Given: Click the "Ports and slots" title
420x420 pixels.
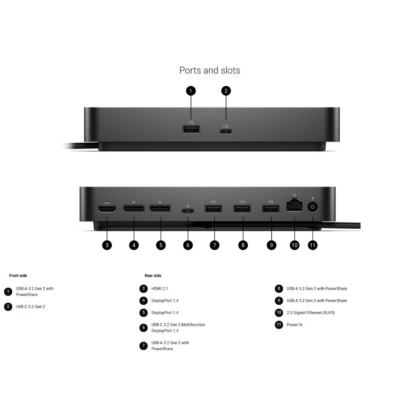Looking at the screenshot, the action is (x=210, y=71).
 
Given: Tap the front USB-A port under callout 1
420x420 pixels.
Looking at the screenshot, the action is (x=191, y=130).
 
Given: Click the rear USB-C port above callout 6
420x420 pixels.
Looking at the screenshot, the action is (x=188, y=212).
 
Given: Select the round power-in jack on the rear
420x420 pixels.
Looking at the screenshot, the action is (x=313, y=208).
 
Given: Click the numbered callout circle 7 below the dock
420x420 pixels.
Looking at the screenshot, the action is (x=214, y=245).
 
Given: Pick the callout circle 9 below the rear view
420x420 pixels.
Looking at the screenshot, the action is (x=271, y=245).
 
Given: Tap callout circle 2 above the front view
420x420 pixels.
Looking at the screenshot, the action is (x=226, y=91).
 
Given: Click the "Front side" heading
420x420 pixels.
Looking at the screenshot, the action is (x=18, y=276).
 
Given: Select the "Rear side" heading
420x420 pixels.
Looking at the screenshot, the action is (x=153, y=276).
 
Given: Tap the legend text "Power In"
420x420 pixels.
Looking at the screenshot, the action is (x=294, y=324).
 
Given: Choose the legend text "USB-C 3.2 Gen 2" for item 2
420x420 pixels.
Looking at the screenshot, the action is (x=30, y=306).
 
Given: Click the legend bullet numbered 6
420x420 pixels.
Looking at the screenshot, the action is (x=144, y=328).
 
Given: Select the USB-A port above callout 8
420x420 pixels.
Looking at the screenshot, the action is (x=242, y=209).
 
